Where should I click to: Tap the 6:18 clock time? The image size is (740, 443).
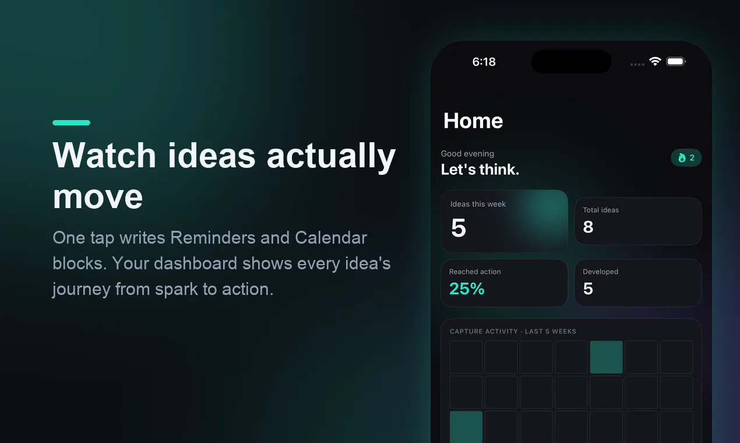(484, 62)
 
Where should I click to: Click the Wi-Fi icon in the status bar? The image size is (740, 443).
(655, 61)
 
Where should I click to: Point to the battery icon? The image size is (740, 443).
(676, 61)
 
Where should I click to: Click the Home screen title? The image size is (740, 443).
(473, 121)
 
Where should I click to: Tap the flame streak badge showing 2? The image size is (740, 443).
(686, 158)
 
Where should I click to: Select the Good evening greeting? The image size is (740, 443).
(467, 154)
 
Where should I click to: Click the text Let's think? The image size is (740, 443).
(480, 170)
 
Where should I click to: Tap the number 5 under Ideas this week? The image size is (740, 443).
(459, 228)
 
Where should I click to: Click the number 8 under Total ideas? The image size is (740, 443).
(588, 227)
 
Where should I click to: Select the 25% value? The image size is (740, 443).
(467, 289)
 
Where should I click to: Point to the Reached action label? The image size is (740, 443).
(475, 272)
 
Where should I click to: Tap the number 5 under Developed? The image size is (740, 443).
(588, 289)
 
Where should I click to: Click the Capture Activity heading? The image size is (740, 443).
(513, 331)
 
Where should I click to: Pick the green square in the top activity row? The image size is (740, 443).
(606, 357)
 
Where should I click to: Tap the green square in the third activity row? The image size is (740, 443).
(466, 427)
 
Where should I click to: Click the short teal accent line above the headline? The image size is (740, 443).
(71, 122)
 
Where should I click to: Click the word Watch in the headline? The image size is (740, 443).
(104, 155)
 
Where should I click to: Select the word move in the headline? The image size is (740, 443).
(98, 197)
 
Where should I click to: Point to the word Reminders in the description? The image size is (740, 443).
(213, 237)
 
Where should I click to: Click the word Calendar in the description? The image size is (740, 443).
(331, 237)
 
